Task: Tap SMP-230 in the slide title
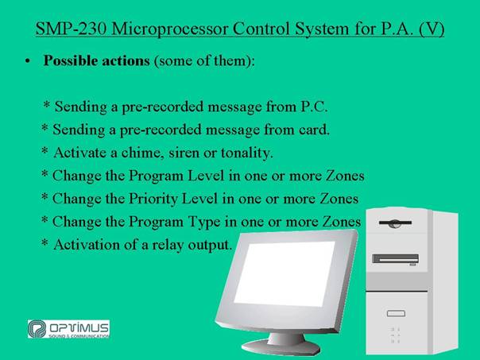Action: (71, 29)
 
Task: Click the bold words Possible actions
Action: (96, 60)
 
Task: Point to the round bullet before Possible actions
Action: (28, 61)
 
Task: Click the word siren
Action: (184, 153)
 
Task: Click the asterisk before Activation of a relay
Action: (45, 243)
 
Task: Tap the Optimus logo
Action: (68, 329)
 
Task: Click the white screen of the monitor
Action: (285, 273)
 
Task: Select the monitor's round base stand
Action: (281, 346)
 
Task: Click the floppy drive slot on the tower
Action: (395, 223)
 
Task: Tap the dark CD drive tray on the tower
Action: (395, 258)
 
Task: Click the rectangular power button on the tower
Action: (396, 313)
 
